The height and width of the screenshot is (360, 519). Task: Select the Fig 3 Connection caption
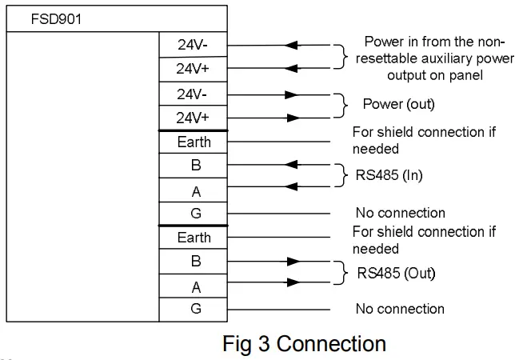point(304,343)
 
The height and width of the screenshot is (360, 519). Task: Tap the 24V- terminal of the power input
point(193,45)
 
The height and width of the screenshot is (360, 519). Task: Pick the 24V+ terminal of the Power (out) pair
point(193,118)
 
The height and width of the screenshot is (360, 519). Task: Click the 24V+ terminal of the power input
point(193,69)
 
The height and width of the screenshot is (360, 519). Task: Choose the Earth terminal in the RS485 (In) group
point(194,142)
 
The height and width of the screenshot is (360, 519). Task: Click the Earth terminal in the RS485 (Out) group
point(194,238)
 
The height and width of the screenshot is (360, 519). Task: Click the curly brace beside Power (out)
point(345,105)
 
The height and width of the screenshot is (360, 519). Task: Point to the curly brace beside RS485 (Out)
point(345,273)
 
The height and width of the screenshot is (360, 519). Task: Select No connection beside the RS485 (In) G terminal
point(400,213)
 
